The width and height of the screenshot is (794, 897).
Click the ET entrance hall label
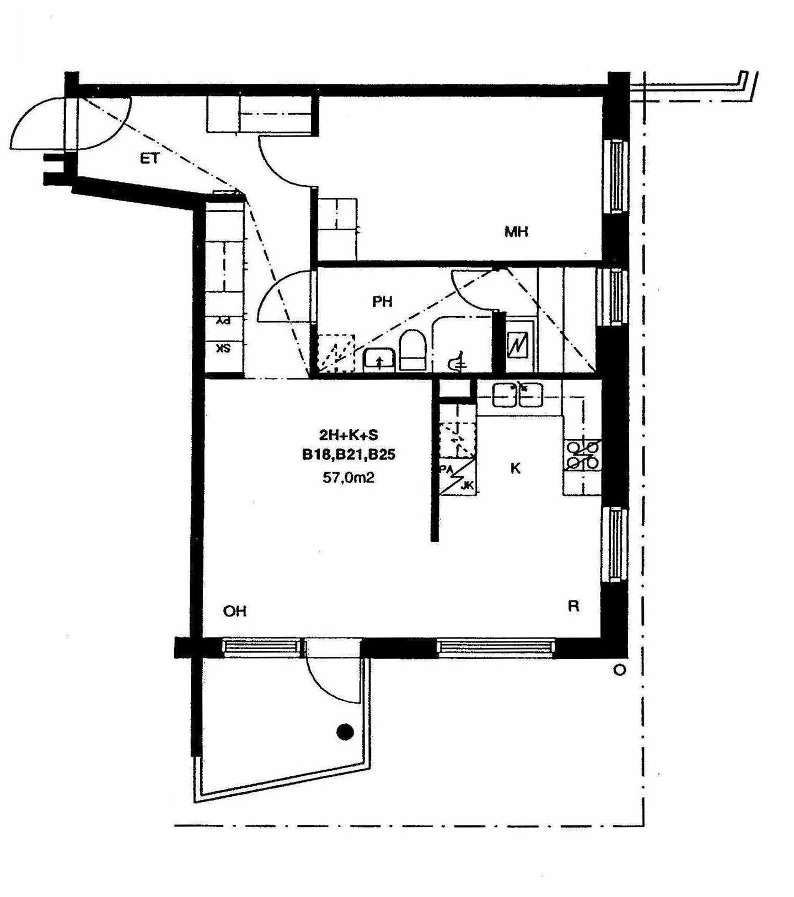point(149,159)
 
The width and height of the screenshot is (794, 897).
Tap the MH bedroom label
point(516,232)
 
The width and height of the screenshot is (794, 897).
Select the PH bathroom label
point(382,301)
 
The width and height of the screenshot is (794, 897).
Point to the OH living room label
point(234,611)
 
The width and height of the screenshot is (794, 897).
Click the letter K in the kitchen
point(516,468)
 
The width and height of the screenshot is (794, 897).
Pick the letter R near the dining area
point(573,606)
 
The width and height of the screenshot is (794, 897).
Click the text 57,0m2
point(348,477)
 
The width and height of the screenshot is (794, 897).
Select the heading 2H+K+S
point(348,435)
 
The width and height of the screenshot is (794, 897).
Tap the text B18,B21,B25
point(348,455)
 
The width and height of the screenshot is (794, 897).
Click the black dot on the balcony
point(345,731)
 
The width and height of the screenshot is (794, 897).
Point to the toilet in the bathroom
point(412,350)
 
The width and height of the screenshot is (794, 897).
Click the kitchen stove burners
point(582,454)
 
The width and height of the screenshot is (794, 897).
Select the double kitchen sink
point(518,395)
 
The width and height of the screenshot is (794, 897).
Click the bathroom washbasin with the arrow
point(379,360)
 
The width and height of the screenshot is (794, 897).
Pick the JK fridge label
point(467,485)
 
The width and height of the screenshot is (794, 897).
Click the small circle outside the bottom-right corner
point(620,671)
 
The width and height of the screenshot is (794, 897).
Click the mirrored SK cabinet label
point(223,349)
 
